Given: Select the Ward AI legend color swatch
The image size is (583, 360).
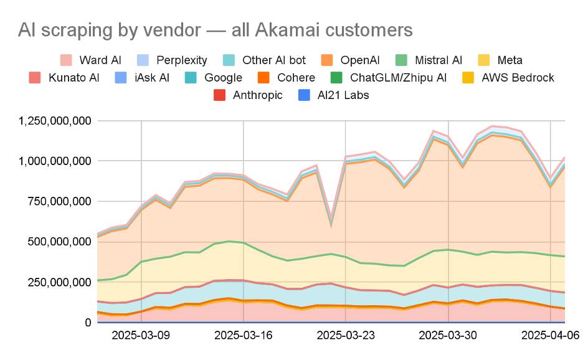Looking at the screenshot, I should (66, 60).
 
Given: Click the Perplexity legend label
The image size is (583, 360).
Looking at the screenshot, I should (181, 60).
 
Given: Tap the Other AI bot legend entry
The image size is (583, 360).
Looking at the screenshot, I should (273, 60).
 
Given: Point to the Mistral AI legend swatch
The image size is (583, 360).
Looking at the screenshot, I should (402, 60).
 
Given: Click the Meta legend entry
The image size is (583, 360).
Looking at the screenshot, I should (510, 60).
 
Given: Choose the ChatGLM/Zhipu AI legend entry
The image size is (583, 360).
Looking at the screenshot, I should (398, 78).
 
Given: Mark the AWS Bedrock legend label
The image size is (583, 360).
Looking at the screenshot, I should (518, 78).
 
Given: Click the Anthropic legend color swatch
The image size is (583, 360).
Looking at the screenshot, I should (219, 95).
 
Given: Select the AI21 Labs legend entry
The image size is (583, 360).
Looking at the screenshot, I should (342, 95).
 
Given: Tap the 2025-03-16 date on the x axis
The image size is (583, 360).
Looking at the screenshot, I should (243, 335).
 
